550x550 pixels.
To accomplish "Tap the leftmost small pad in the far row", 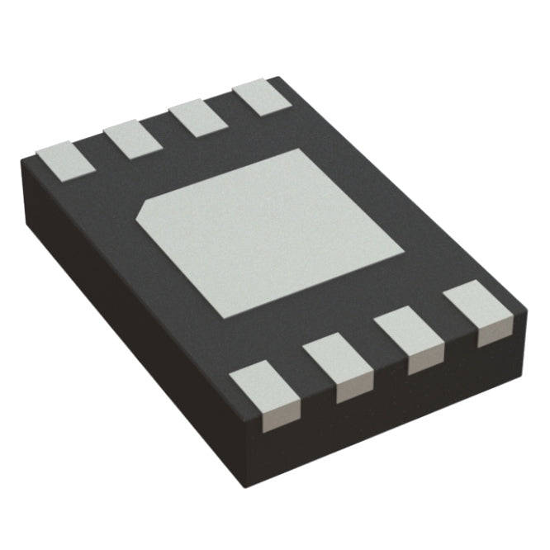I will pyautogui.click(x=62, y=160).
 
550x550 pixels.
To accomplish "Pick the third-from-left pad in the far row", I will pyautogui.click(x=199, y=116).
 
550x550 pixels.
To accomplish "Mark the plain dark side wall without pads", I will pyautogui.click(x=124, y=330).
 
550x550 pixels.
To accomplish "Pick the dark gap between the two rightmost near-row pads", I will pyautogui.click(x=447, y=330).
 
